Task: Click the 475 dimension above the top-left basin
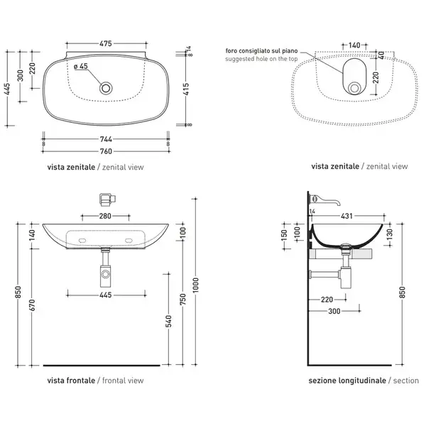[x=106, y=43]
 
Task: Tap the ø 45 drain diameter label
[x=81, y=66]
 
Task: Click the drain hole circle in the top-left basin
[x=106, y=88]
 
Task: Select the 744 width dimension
[x=106, y=139]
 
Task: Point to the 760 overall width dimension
[x=106, y=151]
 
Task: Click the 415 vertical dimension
[x=186, y=89]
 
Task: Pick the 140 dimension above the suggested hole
[x=354, y=45]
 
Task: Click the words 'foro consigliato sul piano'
[x=261, y=51]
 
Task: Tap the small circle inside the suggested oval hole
[x=354, y=88]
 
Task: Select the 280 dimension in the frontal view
[x=105, y=216]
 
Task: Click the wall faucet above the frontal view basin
[x=107, y=199]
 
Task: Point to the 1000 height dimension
[x=196, y=285]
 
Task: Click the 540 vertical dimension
[x=169, y=321]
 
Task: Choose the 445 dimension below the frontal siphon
[x=105, y=295]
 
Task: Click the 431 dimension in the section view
[x=346, y=216]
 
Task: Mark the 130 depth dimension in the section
[x=389, y=235]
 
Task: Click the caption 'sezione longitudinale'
[x=347, y=381]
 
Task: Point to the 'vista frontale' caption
[x=71, y=381]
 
